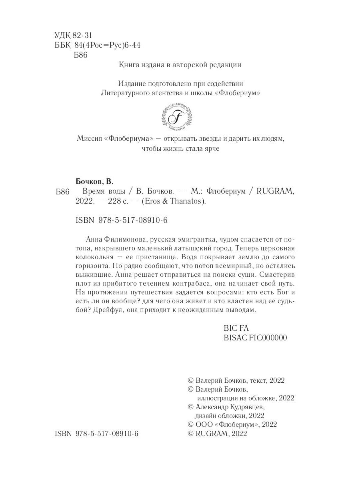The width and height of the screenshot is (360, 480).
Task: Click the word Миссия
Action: [x=88, y=138]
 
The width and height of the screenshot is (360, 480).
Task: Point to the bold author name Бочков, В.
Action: [x=95, y=181]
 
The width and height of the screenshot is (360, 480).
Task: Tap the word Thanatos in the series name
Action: [x=188, y=202]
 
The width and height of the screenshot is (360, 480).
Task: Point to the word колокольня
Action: [x=96, y=257]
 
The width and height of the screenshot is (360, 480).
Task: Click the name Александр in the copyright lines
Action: [x=212, y=407]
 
